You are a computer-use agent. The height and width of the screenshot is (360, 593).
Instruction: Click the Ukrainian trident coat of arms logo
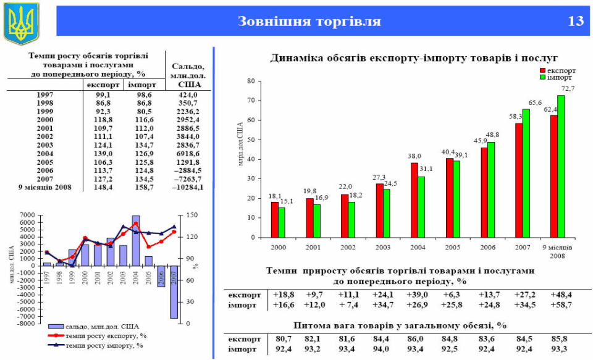[x=21, y=23]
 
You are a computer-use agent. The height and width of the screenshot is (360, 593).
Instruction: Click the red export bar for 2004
[x=414, y=199]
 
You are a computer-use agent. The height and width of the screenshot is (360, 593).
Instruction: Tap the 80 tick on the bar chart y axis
[x=251, y=81]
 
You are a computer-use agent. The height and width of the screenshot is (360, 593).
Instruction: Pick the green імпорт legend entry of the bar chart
[x=558, y=78]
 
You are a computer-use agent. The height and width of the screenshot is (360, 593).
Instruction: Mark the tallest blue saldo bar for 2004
[x=136, y=240]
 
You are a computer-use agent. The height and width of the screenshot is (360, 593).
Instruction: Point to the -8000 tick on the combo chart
[x=27, y=323]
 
